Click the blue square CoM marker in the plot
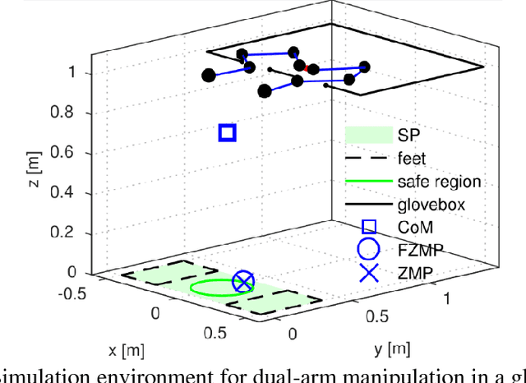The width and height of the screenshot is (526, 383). pyautogui.click(x=228, y=132)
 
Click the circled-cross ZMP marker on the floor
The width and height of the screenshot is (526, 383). pyautogui.click(x=242, y=283)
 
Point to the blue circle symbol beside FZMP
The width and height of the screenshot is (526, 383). pyautogui.click(x=369, y=250)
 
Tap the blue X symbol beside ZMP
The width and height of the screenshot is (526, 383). pyautogui.click(x=369, y=273)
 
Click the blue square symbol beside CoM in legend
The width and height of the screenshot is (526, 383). pyautogui.click(x=369, y=227)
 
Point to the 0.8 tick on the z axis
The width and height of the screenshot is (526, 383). pyautogui.click(x=72, y=113)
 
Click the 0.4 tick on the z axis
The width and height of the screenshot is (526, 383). pyautogui.click(x=72, y=193)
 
